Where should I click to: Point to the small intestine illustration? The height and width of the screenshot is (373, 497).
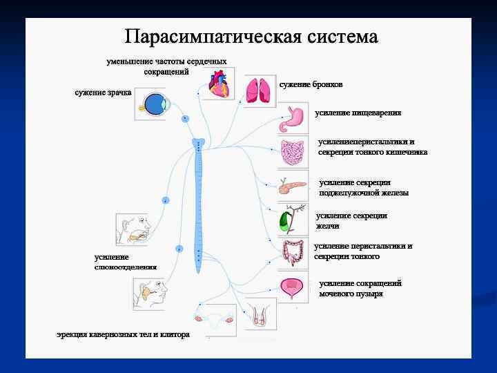coord(293,153)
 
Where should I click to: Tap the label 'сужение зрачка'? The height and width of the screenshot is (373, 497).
coord(103,93)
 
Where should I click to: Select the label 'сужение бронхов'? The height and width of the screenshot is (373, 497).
coord(311,84)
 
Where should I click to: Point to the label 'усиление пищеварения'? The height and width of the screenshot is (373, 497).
coord(358,112)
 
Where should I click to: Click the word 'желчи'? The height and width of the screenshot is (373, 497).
coord(329,226)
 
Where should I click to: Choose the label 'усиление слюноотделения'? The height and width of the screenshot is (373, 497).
coord(125,262)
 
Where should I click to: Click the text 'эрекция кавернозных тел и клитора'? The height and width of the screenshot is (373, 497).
coord(123,335)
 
